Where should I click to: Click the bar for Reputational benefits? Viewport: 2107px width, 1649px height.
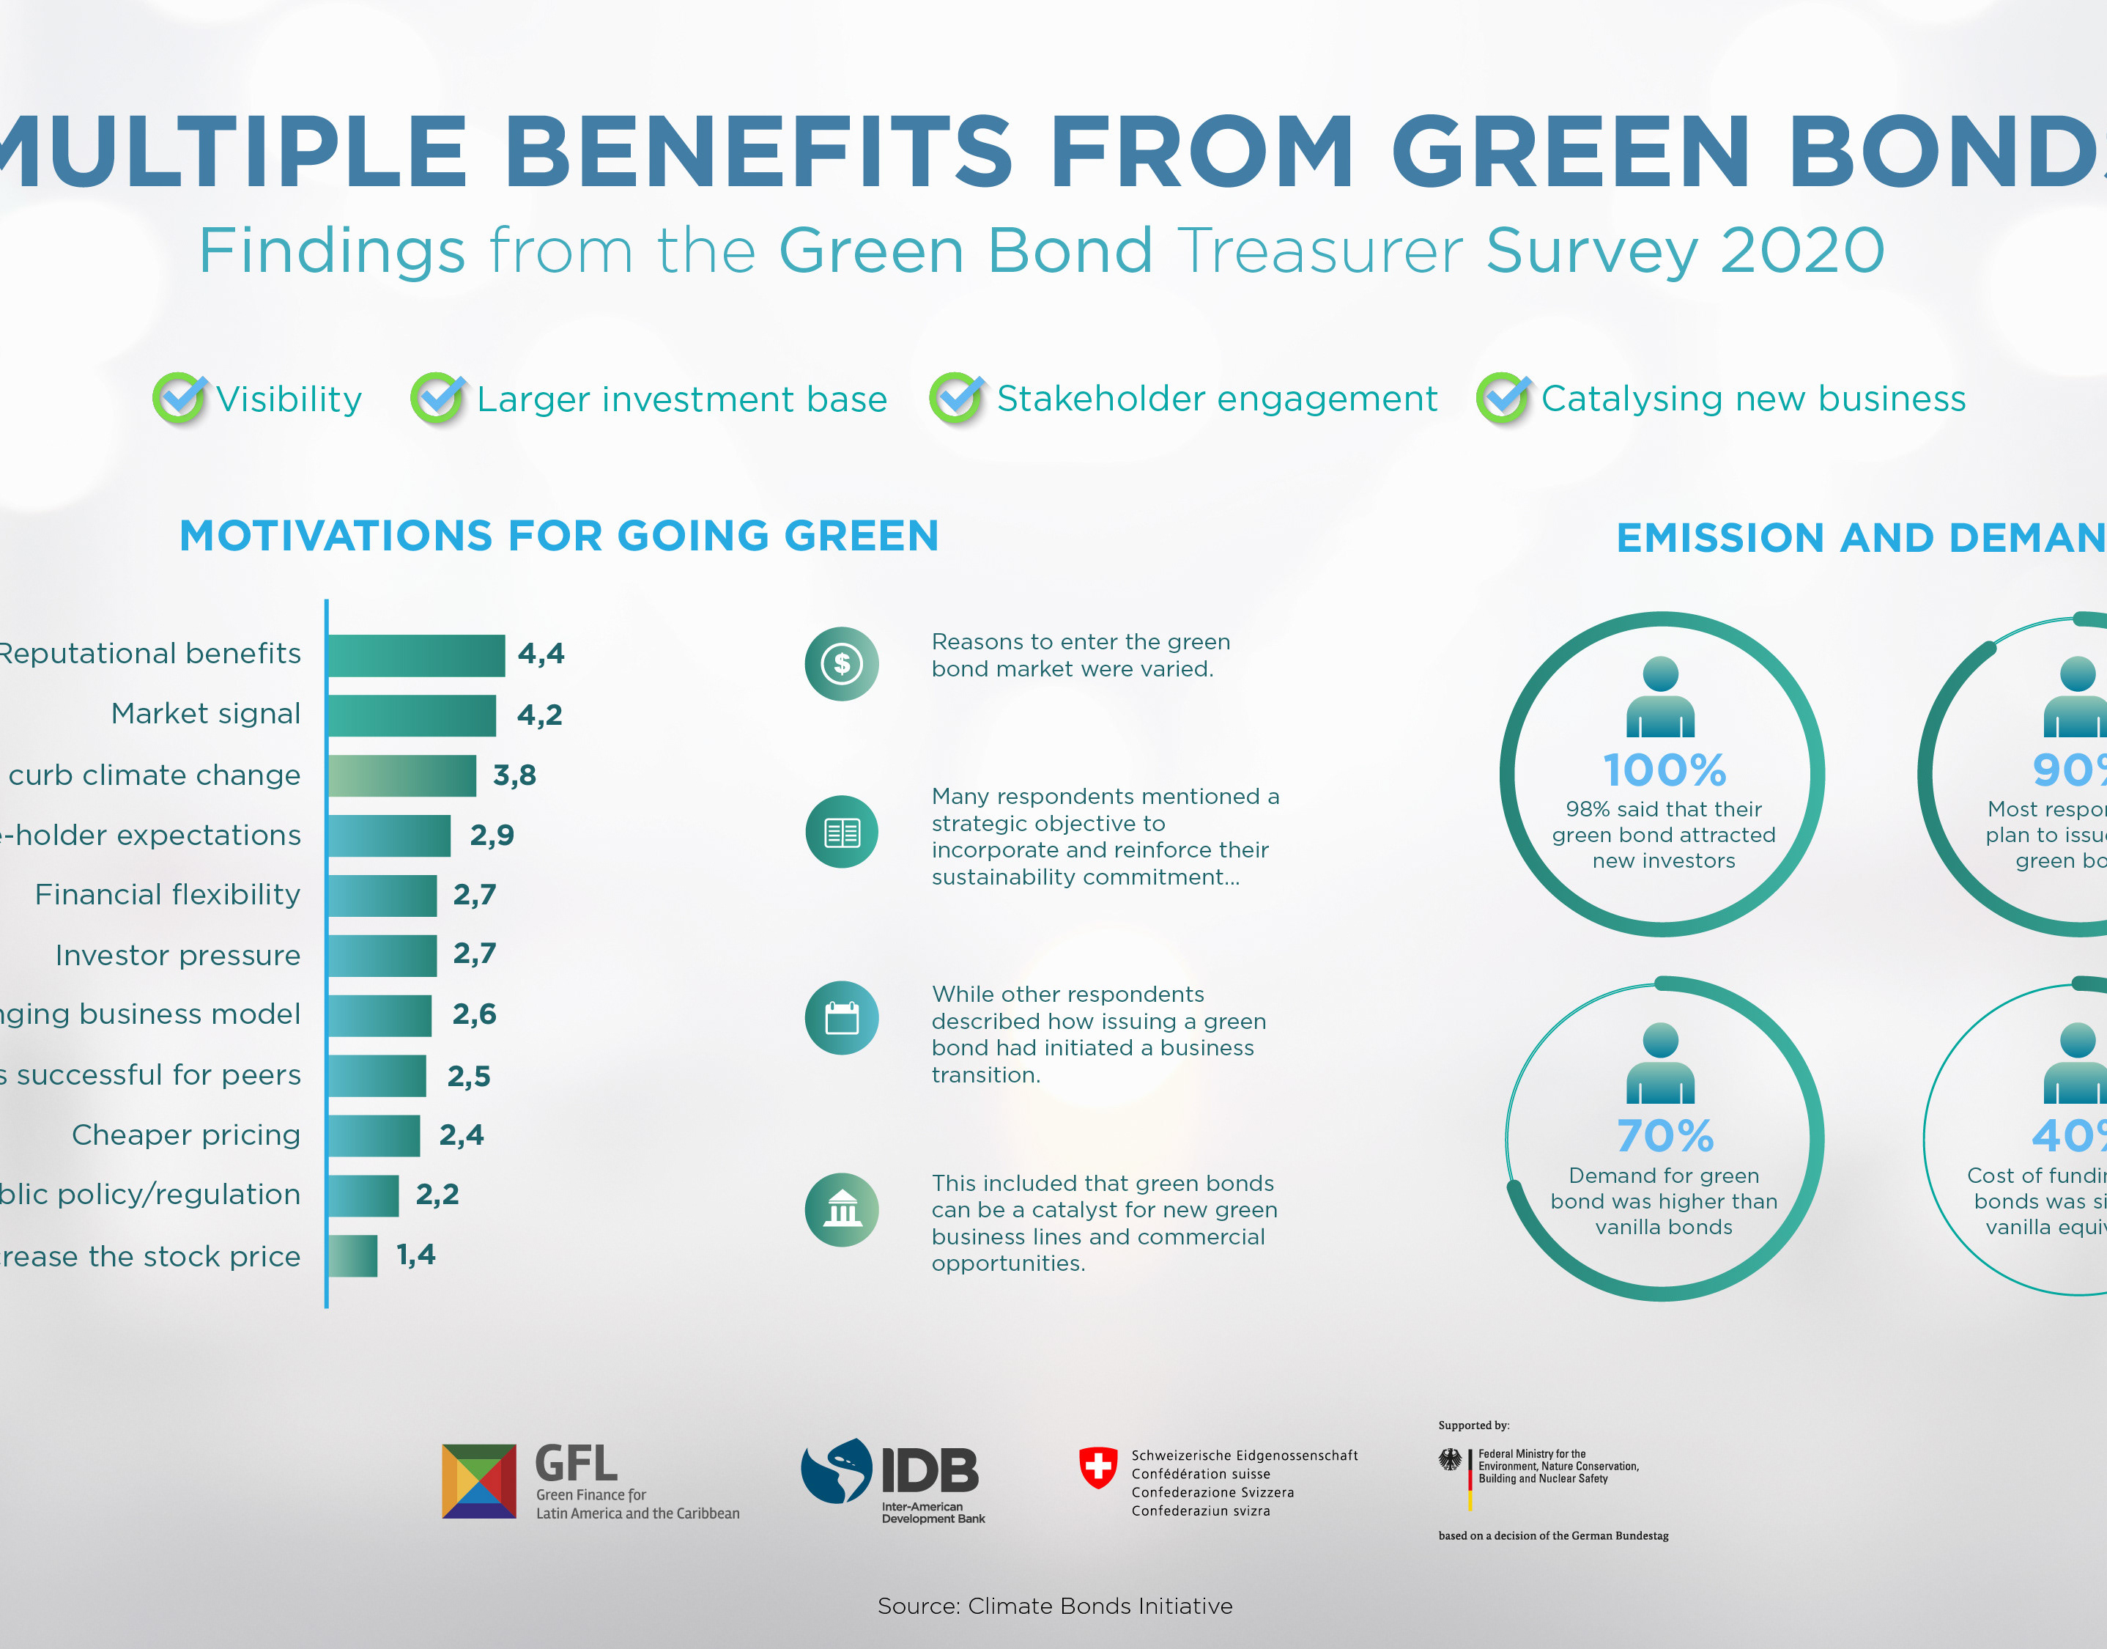(416, 655)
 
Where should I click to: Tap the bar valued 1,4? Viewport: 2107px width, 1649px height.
(352, 1256)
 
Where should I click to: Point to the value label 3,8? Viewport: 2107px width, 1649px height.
(514, 775)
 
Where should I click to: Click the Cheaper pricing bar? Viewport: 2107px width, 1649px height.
(374, 1135)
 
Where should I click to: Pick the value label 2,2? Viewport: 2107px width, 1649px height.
(437, 1195)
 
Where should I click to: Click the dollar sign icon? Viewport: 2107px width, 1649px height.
(842, 663)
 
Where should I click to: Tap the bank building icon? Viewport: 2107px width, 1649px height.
(842, 1210)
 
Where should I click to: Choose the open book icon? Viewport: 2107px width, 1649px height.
(842, 833)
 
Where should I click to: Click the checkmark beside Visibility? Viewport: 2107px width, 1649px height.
(179, 398)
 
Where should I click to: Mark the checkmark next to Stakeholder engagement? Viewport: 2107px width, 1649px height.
(957, 398)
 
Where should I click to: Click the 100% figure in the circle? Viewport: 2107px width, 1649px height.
(1664, 770)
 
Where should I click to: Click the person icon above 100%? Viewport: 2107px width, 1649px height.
(1660, 697)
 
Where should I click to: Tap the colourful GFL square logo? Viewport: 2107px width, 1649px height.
(478, 1481)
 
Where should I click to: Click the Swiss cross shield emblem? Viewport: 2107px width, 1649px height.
(1097, 1467)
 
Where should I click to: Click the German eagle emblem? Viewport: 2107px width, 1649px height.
(1450, 1460)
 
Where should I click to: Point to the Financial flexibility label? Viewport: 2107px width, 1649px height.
(167, 895)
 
